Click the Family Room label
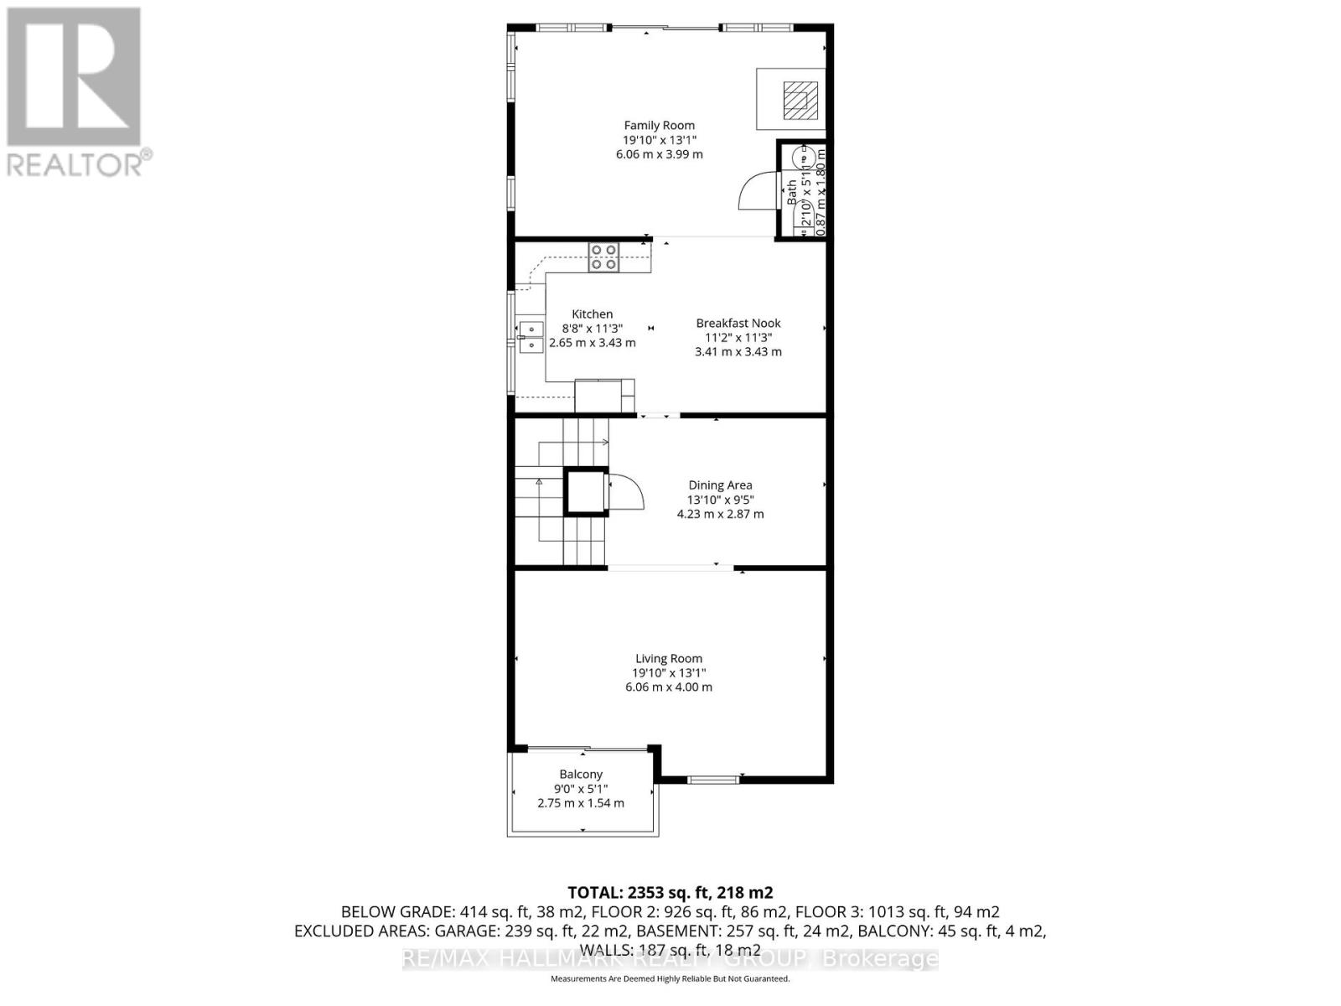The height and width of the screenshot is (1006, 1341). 659,126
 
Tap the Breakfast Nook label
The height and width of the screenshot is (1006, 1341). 738,323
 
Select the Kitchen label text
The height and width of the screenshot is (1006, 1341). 592,314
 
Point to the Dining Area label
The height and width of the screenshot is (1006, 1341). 720,485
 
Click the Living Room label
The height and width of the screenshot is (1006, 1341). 668,659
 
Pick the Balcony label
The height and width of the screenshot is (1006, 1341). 581,775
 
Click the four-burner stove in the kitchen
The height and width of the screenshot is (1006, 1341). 603,257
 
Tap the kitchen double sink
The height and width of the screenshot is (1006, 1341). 530,336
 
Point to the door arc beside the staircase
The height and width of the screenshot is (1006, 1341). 625,492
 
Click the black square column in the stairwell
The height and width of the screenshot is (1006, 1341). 585,491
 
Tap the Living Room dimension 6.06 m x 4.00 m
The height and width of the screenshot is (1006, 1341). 668,687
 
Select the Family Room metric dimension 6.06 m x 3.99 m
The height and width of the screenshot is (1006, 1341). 659,154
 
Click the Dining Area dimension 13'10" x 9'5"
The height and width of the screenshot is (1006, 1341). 720,500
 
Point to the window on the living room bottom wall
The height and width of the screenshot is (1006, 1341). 713,780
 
